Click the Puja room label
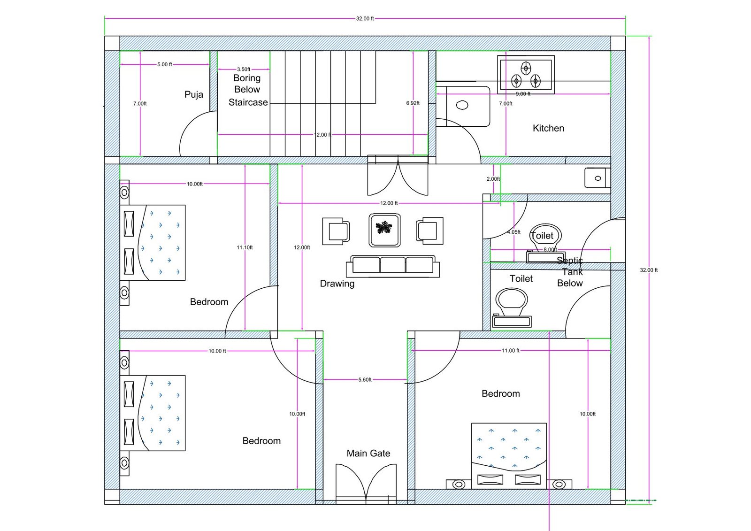(194, 94)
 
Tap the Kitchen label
(549, 128)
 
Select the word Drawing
(337, 284)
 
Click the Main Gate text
(368, 454)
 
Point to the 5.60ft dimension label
(365, 380)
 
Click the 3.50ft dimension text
(244, 69)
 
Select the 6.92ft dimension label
(413, 103)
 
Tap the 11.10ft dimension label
(245, 247)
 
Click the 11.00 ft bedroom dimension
(510, 351)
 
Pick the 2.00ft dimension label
(493, 179)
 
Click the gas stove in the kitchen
(526, 75)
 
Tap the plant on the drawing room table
(384, 228)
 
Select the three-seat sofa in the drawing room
(392, 266)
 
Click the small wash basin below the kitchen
(598, 178)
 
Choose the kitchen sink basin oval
(462, 105)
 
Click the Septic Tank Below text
(570, 272)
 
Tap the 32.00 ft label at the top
(365, 19)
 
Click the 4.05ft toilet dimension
(513, 232)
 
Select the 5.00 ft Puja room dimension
(165, 64)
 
